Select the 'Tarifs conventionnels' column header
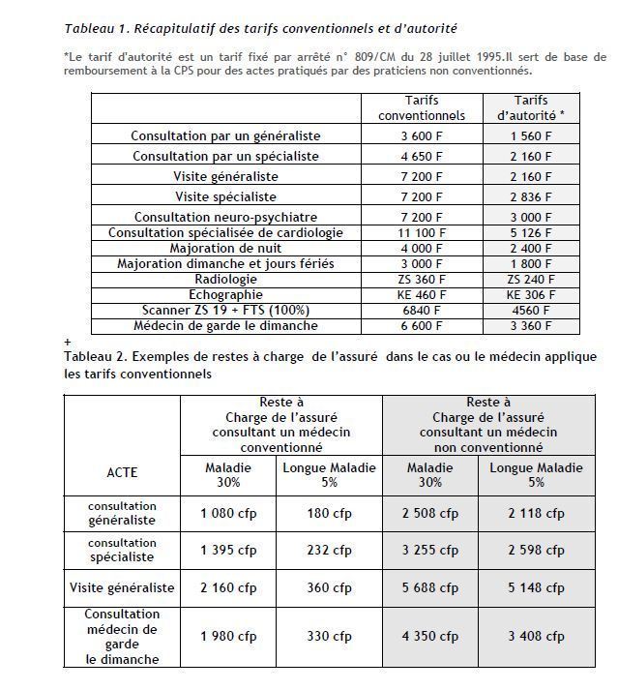421,107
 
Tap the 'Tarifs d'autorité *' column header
531,107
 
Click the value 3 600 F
421,136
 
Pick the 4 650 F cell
421,156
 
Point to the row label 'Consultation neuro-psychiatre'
225,218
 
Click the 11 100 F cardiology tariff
421,233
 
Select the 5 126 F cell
531,233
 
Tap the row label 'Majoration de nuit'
225,248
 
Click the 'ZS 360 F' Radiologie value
421,279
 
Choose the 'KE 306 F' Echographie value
531,294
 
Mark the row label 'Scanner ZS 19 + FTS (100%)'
225,310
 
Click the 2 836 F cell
531,197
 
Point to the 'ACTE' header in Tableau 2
122,473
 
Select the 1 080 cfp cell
228,513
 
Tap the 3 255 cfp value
430,550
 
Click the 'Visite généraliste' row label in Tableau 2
122,587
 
